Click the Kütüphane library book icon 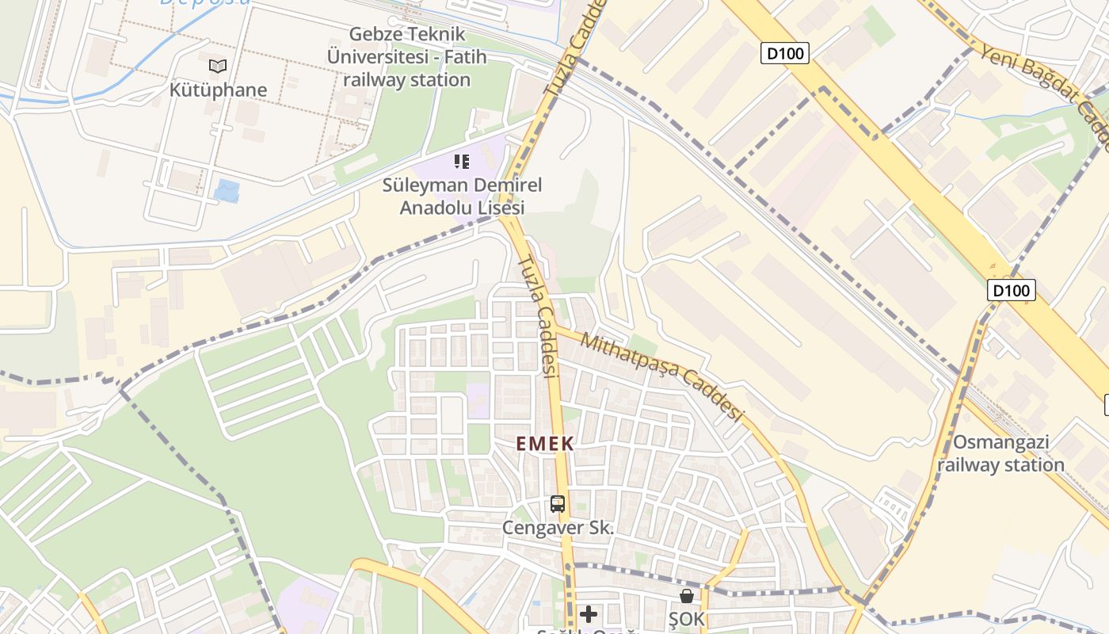218,66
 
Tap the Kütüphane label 218,90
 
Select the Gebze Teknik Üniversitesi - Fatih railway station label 407,57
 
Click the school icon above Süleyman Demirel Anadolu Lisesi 462,162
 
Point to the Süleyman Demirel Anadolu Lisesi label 462,197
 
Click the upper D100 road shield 785,54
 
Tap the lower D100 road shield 1012,290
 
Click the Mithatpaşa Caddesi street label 663,376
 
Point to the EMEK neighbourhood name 545,444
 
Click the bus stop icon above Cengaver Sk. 558,504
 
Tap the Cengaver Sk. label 558,528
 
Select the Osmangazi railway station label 1000,453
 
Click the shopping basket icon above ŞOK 686,596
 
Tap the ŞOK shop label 686,619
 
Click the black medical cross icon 589,613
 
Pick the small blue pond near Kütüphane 227,191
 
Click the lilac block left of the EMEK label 478,400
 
